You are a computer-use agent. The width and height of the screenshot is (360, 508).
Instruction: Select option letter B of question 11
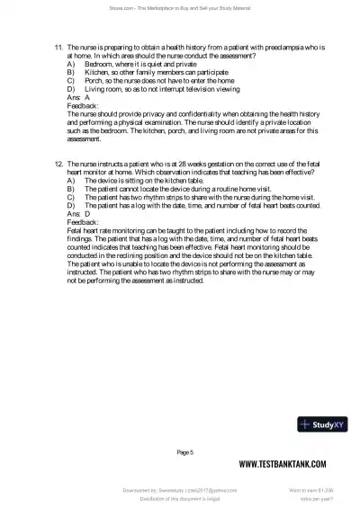70,76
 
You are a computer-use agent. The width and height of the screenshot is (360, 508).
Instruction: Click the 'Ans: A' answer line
77,97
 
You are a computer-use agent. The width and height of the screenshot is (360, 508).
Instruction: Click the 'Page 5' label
185,451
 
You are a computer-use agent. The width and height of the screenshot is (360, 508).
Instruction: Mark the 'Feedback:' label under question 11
84,106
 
